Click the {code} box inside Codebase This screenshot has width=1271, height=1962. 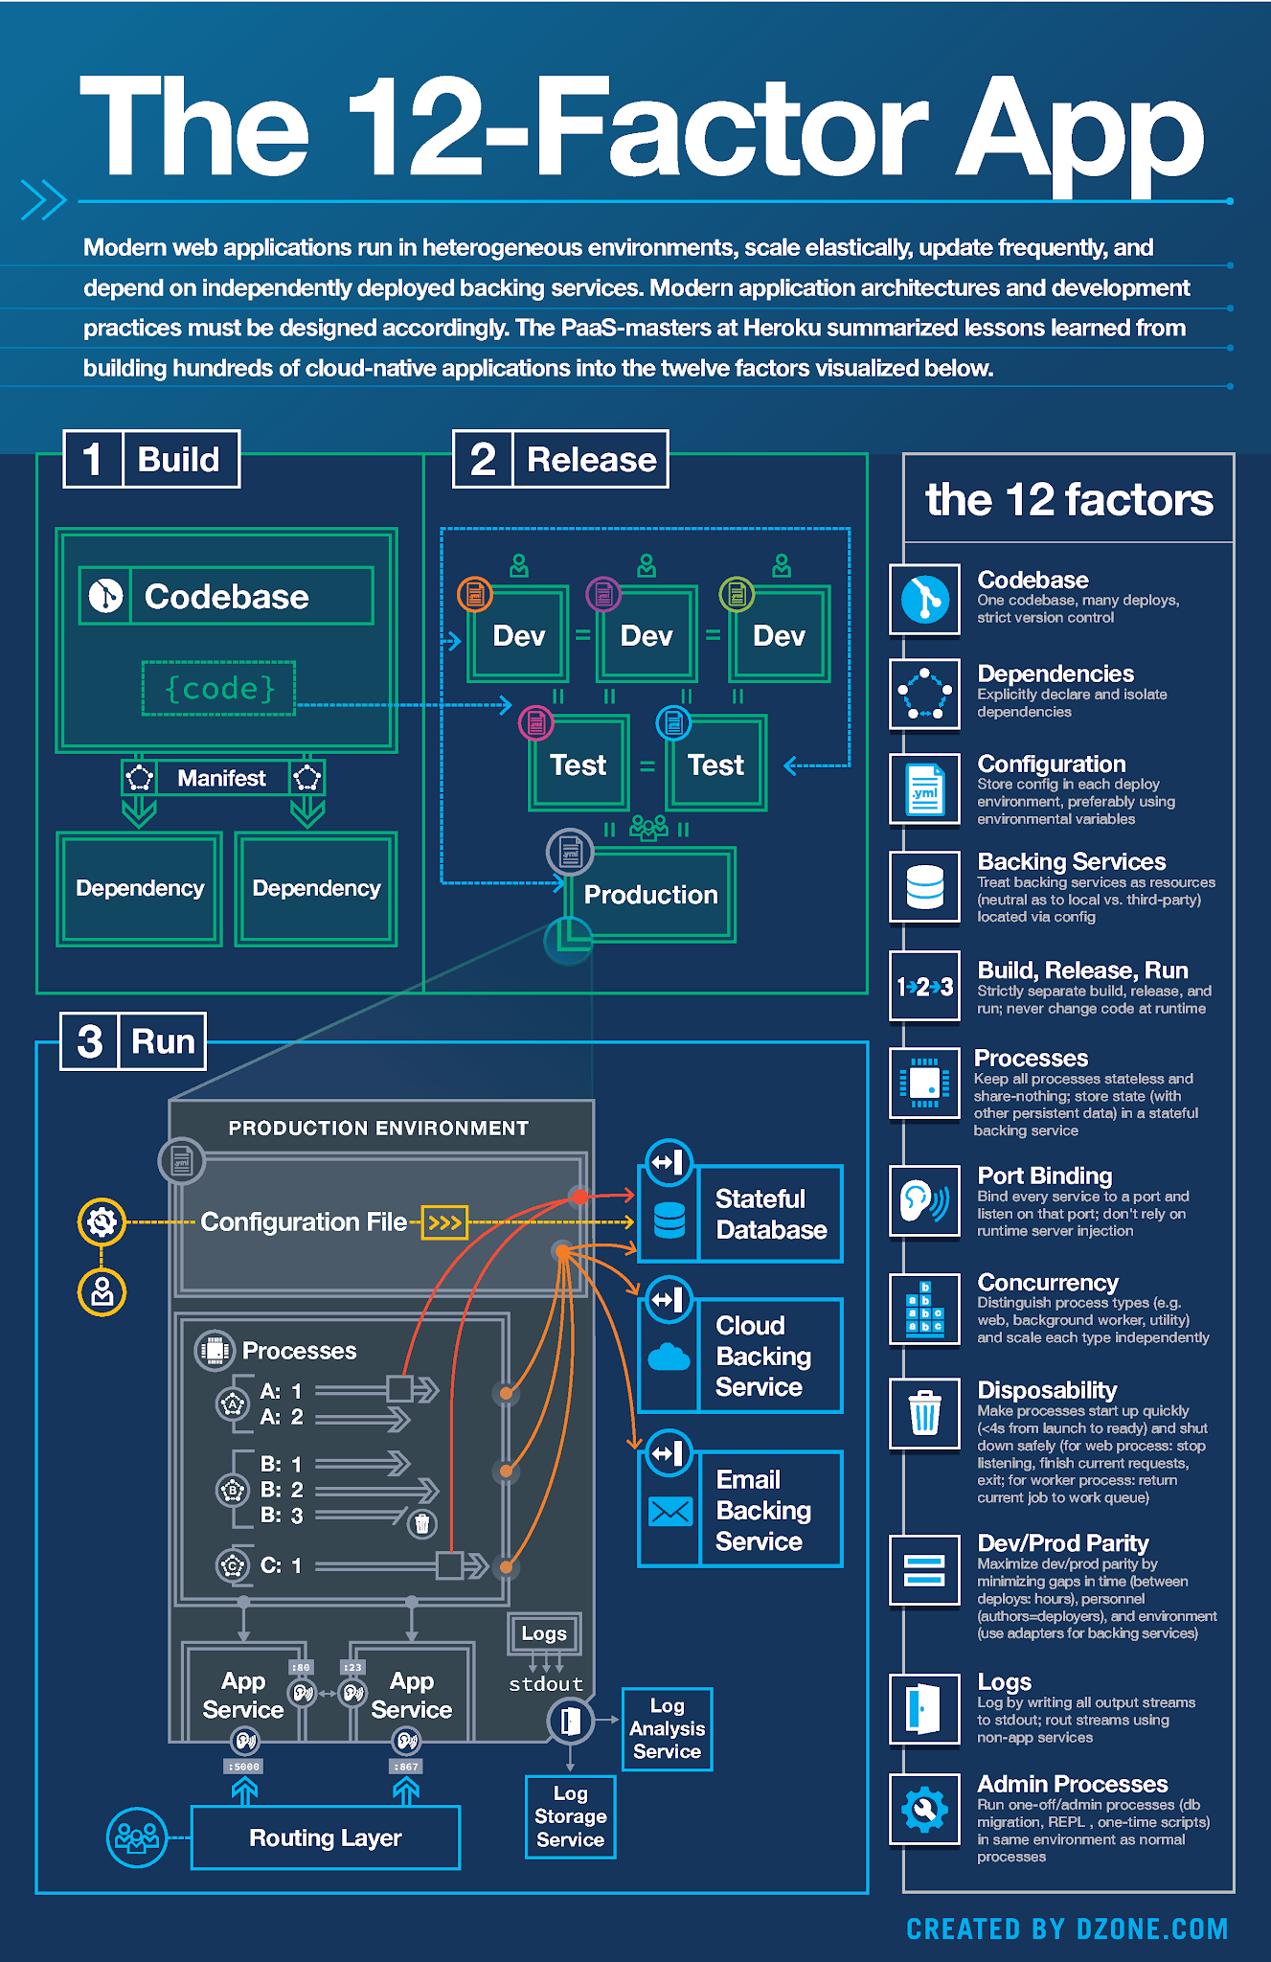[218, 688]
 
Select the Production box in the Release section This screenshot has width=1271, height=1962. [650, 895]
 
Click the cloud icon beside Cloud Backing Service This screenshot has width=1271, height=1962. [669, 1357]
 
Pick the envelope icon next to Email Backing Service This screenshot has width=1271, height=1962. [670, 1511]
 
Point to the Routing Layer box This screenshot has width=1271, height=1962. [325, 1837]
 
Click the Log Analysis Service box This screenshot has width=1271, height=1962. [667, 1729]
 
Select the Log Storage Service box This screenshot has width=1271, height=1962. [570, 1816]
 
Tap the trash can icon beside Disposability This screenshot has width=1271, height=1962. [924, 1413]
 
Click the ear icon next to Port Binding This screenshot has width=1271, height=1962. [924, 1200]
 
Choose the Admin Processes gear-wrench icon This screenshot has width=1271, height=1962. [924, 1809]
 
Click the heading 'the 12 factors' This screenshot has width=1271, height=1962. [1068, 499]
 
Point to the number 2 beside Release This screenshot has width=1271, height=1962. [483, 459]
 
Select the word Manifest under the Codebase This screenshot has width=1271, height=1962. [221, 778]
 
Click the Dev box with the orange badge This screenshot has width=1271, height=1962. [518, 635]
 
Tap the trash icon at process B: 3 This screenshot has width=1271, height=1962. [421, 1523]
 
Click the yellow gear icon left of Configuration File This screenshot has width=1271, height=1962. [102, 1221]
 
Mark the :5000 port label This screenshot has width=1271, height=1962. [244, 1766]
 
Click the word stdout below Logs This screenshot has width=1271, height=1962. [545, 1684]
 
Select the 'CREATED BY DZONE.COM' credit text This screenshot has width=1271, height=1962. [1066, 1928]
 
